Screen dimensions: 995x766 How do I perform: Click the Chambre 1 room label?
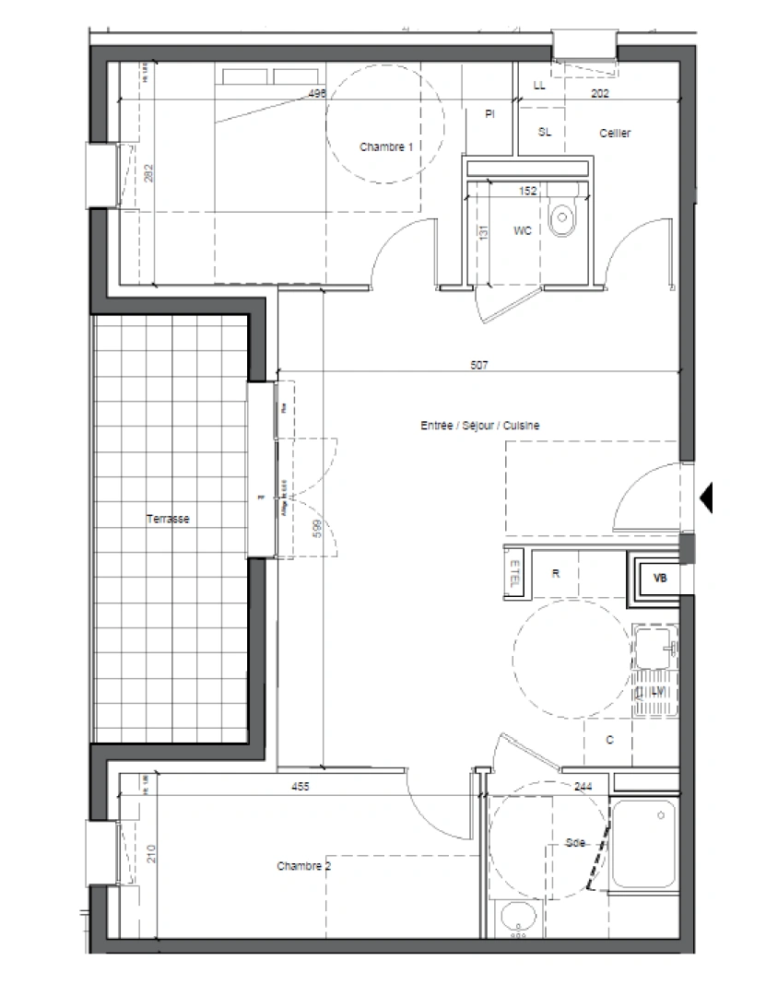click(385, 147)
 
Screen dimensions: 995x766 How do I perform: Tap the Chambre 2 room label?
click(303, 866)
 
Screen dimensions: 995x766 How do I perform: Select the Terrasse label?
click(168, 520)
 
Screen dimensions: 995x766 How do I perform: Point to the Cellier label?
click(615, 135)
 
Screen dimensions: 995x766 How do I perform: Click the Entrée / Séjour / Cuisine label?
click(479, 426)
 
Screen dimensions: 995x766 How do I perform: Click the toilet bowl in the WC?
click(560, 218)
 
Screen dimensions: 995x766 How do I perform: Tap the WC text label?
click(523, 231)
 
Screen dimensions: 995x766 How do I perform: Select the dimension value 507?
click(477, 366)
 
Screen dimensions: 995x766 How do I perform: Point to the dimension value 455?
click(300, 787)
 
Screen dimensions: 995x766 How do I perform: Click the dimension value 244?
click(583, 787)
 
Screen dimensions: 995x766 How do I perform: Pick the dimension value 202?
click(600, 93)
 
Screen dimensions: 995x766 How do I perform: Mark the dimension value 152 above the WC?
click(527, 192)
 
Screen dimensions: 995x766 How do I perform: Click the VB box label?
click(659, 579)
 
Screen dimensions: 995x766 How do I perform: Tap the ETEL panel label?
click(513, 573)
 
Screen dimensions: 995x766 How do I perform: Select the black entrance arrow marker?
click(708, 497)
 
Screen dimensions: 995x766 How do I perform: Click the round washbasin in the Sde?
click(518, 918)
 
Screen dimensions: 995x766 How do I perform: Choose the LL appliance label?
click(539, 87)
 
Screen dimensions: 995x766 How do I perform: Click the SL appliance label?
click(544, 132)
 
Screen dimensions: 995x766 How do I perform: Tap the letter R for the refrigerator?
click(555, 573)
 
